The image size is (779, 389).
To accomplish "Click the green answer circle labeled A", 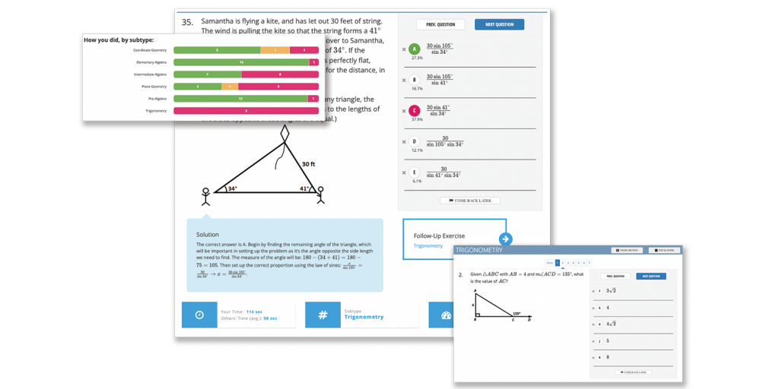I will (415, 49).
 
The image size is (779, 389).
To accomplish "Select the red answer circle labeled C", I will (415, 111).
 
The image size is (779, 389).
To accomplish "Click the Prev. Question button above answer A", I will (440, 24).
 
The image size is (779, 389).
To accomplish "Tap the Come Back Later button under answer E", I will (470, 201).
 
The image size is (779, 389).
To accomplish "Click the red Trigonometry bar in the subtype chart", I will (246, 111).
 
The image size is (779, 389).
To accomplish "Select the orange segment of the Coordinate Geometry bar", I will (275, 50).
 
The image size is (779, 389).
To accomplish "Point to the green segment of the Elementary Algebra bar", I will (241, 62).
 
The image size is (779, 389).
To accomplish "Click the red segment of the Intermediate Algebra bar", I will (280, 74).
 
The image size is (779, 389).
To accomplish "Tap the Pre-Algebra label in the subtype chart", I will (158, 99).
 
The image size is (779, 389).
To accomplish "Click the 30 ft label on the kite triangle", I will (309, 163).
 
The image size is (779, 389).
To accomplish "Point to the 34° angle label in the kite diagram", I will (232, 188).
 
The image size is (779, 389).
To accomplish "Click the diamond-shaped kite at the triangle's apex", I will (285, 133).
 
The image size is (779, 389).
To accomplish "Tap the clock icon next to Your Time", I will (199, 314).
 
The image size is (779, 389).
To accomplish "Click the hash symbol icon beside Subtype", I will (323, 314).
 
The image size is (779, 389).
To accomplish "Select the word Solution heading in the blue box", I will (207, 235).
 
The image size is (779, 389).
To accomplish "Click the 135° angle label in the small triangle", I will (517, 312).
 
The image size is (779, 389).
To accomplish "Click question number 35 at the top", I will (187, 22).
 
